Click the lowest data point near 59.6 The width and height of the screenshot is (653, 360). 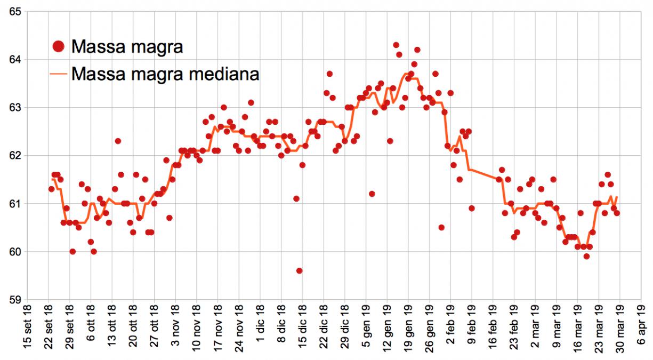pos(300,271)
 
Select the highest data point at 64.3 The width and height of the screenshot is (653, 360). pos(396,45)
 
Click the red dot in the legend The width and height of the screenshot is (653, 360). pos(59,47)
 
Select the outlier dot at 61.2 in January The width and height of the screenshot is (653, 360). pos(372,194)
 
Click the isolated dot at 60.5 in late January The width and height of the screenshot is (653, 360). pos(441,228)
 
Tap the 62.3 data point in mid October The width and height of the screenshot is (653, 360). pos(118,141)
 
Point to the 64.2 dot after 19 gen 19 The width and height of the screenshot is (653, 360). pos(417,50)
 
